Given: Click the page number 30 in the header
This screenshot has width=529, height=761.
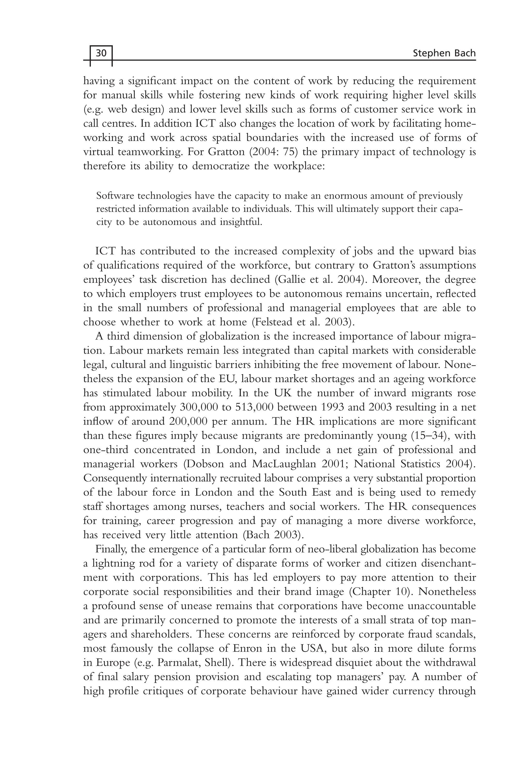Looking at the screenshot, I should point(101,53).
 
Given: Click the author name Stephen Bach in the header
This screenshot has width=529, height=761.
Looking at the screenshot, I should point(444,53).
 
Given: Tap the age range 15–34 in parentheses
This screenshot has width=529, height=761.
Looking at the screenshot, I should point(430,436).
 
